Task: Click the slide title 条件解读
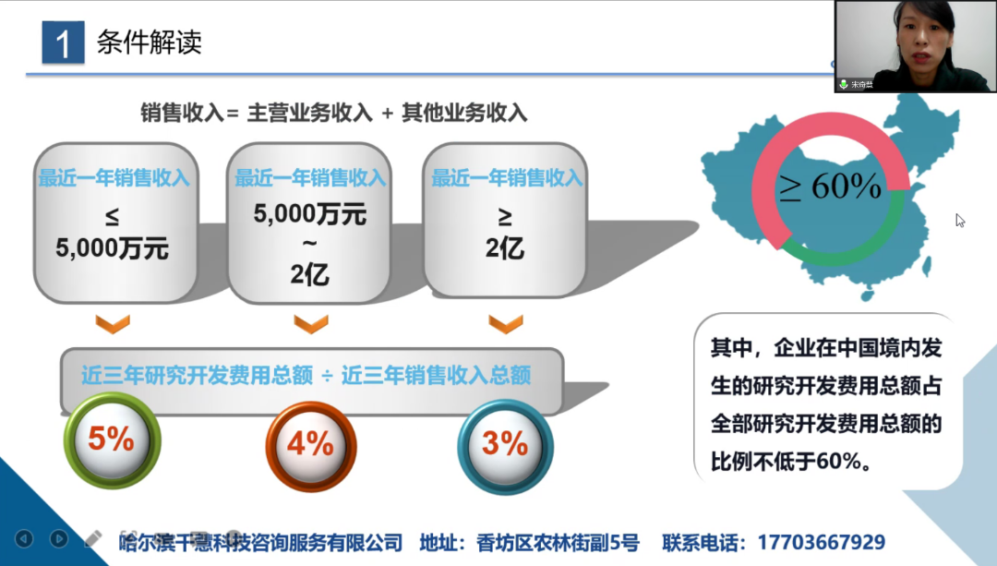(x=149, y=42)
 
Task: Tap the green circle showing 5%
(x=112, y=440)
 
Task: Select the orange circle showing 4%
(x=310, y=444)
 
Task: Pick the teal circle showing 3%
(x=505, y=444)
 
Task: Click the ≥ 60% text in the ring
(x=829, y=187)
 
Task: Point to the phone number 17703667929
(x=821, y=542)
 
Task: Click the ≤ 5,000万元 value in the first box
(x=112, y=234)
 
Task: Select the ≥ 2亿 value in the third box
(x=505, y=234)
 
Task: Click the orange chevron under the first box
(x=113, y=323)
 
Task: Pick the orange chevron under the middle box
(x=310, y=323)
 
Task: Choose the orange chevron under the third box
(x=506, y=323)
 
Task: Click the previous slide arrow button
(x=25, y=538)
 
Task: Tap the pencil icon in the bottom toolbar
(x=93, y=537)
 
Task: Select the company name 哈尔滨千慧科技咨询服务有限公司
(x=261, y=542)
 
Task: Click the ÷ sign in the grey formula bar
(x=327, y=376)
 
